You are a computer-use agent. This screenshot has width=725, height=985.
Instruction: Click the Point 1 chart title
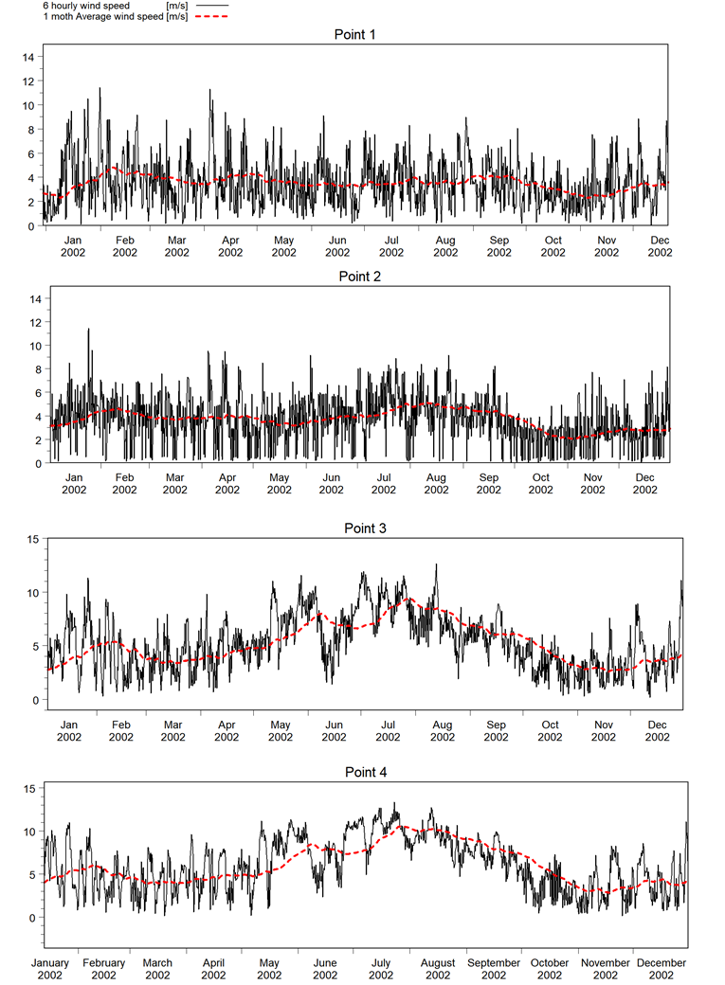pos(356,35)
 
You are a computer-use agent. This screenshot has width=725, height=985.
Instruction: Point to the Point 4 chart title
pos(366,772)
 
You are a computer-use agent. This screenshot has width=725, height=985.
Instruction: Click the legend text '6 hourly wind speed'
pos(86,6)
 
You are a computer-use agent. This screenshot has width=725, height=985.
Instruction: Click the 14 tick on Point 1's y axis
pos(28,57)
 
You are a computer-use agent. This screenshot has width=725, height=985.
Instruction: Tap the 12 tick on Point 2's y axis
pos(28,322)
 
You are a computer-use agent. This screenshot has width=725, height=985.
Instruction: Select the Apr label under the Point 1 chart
pos(230,241)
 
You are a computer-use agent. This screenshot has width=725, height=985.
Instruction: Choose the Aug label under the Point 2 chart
pos(436,477)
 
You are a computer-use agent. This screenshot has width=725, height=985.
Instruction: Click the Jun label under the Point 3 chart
pos(334,725)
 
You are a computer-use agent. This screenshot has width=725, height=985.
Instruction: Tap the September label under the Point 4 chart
pos(494,963)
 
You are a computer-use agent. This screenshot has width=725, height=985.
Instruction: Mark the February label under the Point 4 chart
pos(103,963)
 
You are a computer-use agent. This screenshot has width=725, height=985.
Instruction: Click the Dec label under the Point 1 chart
pos(660,241)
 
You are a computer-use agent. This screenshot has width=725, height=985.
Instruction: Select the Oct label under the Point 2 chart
pos(540,477)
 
